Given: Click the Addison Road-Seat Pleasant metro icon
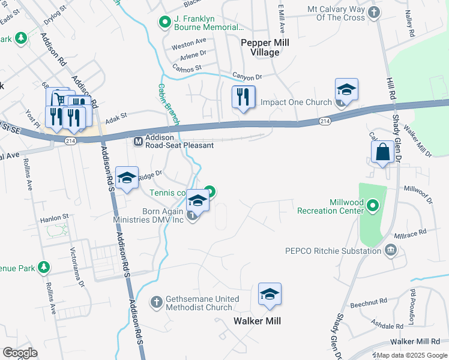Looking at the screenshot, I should click(138, 142).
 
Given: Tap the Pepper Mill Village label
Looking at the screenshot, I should click(260, 47).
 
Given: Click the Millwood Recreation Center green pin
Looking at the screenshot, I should click(373, 207).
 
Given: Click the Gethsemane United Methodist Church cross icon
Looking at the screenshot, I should click(157, 301).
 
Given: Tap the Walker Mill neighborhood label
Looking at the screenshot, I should click(257, 321).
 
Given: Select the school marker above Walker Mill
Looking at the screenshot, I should click(270, 295).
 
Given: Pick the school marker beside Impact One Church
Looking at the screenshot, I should click(346, 90).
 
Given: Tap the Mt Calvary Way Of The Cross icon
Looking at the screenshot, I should click(374, 12).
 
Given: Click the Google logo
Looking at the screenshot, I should click(20, 353).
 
